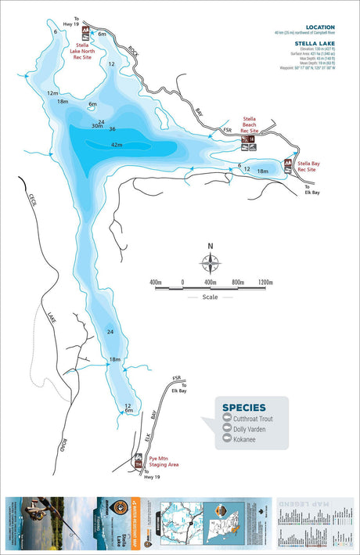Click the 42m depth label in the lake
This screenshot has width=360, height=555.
point(117,145)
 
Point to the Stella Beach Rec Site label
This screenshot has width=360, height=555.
point(250,124)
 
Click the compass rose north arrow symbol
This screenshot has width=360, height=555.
point(210,261)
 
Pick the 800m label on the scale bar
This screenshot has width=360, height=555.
point(237,281)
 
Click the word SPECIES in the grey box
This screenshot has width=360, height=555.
point(243,407)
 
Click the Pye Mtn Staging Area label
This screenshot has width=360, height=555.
point(163,462)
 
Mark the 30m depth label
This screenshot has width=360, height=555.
point(96,126)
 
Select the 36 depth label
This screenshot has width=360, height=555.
point(113,129)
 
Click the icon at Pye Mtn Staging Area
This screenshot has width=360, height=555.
point(138,463)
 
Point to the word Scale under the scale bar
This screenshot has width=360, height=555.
point(210,297)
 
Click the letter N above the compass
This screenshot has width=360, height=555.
point(210,246)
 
